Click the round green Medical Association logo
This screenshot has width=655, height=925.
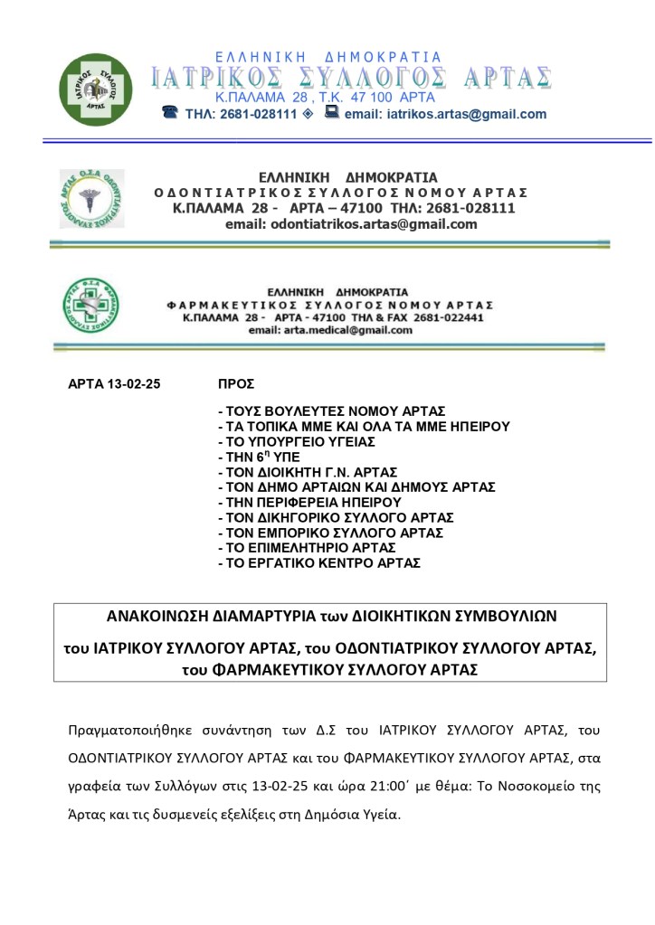tap(95, 90)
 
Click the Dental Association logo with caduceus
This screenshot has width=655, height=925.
tap(91, 198)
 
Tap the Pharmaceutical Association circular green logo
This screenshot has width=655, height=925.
tap(90, 306)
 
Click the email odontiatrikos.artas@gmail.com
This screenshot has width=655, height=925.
tap(351, 224)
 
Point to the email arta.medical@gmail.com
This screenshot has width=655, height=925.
tap(331, 331)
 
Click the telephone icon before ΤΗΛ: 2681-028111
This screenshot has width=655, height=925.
tap(169, 113)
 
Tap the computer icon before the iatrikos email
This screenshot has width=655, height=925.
tap(332, 113)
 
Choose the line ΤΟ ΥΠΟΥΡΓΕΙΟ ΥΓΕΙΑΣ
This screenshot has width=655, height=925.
tap(297, 441)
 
